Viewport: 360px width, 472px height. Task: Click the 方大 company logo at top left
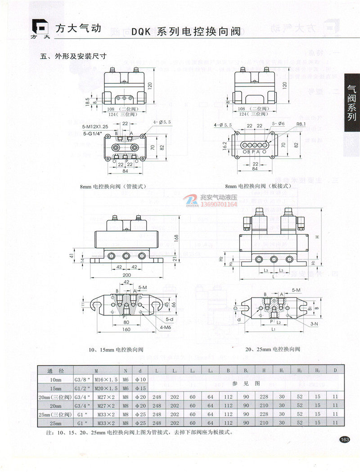coord(40,29)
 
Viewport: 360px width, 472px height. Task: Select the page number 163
coord(345,439)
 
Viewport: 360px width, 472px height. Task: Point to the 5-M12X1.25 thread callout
coord(96,127)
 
